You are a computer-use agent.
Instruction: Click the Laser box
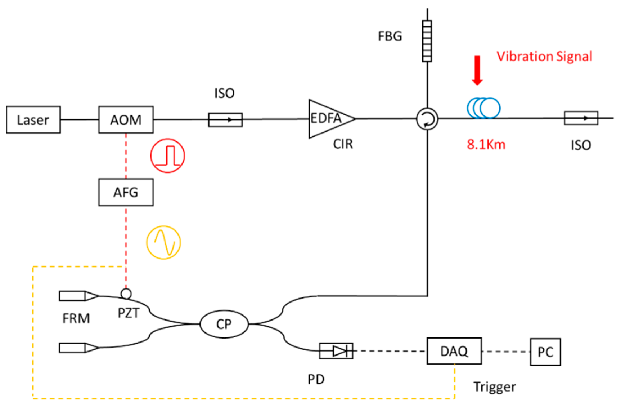tap(33, 120)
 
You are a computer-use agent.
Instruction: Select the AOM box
tap(126, 120)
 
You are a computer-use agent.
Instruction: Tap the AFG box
tap(126, 192)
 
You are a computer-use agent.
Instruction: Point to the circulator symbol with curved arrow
tap(427, 119)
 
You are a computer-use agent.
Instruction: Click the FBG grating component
tap(427, 41)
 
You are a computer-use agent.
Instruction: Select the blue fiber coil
tap(484, 108)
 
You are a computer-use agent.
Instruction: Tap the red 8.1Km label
tap(486, 145)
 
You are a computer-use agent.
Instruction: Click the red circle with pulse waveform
tap(168, 155)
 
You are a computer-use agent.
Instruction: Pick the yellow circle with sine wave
tap(164, 242)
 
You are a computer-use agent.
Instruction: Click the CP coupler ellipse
tap(224, 324)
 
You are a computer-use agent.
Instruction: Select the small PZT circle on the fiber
tap(126, 294)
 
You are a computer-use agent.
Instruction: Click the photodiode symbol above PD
tap(336, 351)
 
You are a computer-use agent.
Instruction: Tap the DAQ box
tap(454, 351)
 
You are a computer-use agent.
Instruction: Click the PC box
tap(545, 352)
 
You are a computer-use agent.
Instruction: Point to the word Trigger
tap(494, 387)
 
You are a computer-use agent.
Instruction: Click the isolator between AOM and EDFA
tap(225, 120)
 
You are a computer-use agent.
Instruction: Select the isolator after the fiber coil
tap(581, 118)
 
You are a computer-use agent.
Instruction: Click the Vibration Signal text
tap(544, 56)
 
